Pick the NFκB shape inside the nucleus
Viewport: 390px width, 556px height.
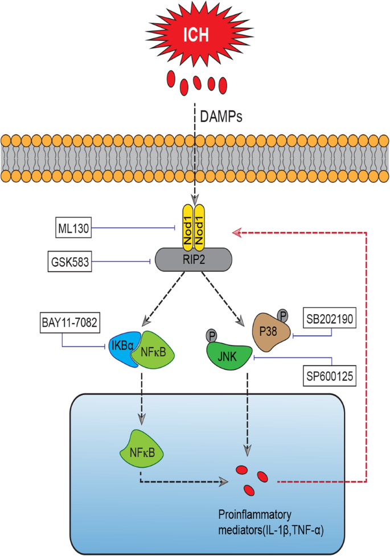pos(139,454)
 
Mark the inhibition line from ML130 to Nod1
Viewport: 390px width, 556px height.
pos(134,228)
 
